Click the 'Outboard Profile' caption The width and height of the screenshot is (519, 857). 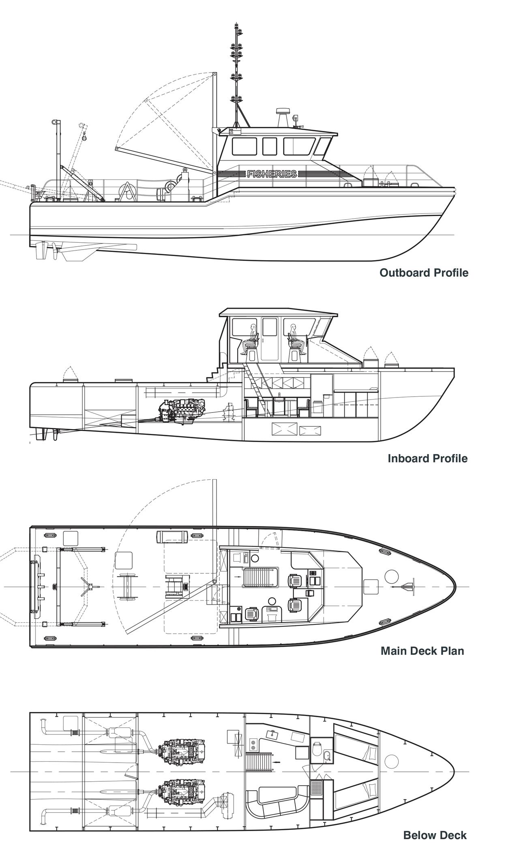pyautogui.click(x=424, y=273)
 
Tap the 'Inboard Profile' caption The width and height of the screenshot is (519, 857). pyautogui.click(x=427, y=458)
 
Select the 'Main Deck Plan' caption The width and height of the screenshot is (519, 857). pyautogui.click(x=422, y=651)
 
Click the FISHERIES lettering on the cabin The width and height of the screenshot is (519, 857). pyautogui.click(x=272, y=174)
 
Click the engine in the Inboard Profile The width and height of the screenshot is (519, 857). pyautogui.click(x=182, y=412)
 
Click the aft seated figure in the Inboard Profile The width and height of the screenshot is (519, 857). pyautogui.click(x=251, y=339)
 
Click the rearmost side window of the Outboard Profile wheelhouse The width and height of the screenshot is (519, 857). pyautogui.click(x=244, y=146)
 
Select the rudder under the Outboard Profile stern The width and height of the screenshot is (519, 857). pyautogui.click(x=41, y=251)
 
